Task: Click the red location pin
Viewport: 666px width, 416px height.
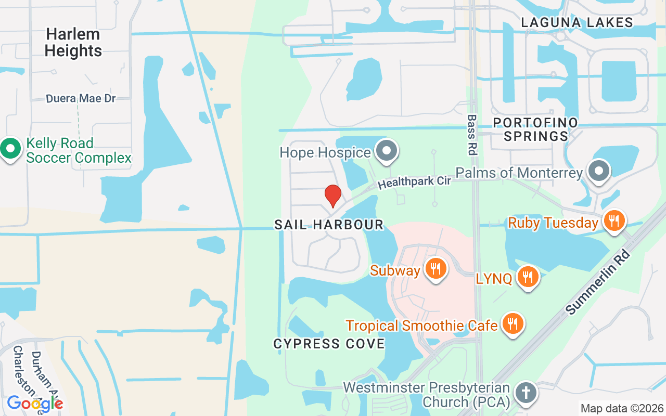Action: [x=332, y=196]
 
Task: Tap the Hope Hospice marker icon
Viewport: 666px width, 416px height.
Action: [x=386, y=151]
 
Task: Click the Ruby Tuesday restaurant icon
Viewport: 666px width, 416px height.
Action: [x=614, y=221]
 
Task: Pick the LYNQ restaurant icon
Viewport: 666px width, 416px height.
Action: [x=528, y=277]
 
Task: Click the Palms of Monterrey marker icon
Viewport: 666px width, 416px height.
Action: [x=599, y=171]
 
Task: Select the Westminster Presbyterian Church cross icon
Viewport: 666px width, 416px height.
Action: [x=526, y=393]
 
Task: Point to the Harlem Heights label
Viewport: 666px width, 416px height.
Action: [x=73, y=43]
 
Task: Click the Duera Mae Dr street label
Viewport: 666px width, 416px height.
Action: [x=81, y=98]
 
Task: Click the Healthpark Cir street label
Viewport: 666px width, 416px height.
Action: [x=414, y=181]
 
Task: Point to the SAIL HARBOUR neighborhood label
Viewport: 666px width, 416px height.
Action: [x=329, y=225]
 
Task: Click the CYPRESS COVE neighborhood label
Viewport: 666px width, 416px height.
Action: [x=329, y=344]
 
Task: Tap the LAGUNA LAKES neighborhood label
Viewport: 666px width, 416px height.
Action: [x=577, y=22]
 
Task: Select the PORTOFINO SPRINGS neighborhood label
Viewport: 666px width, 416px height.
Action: [x=535, y=129]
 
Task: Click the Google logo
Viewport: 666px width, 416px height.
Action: [x=35, y=403]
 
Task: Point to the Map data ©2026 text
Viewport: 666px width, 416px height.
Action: [x=622, y=409]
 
